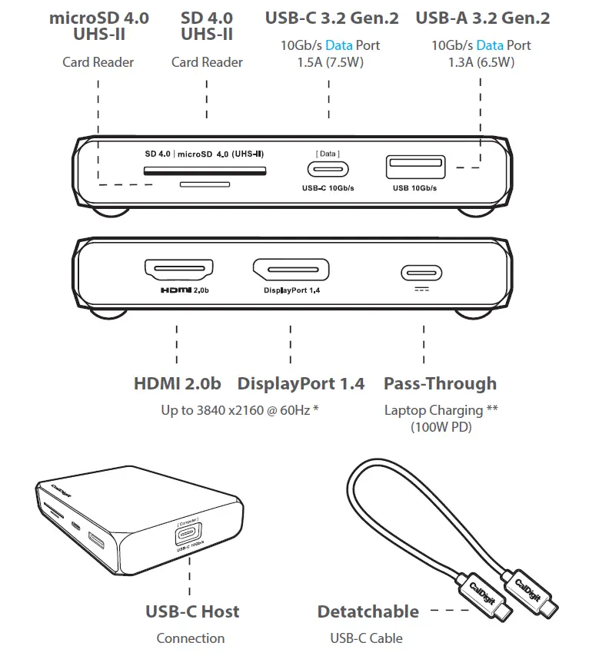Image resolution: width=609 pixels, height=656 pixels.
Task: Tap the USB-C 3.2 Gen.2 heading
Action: click(x=331, y=18)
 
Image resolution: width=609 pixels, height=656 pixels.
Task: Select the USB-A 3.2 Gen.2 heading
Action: click(x=482, y=18)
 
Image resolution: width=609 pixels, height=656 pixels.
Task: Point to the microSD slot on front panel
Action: click(x=205, y=184)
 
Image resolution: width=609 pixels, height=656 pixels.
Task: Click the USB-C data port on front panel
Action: click(x=328, y=170)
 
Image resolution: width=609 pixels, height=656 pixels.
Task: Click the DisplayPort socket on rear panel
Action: click(x=291, y=270)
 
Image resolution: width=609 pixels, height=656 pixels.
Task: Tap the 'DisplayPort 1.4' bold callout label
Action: click(x=301, y=383)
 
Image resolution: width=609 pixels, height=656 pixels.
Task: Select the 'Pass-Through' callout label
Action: click(x=440, y=383)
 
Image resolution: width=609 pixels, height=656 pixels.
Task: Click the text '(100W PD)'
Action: click(x=441, y=426)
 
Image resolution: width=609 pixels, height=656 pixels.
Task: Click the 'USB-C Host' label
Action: click(x=192, y=611)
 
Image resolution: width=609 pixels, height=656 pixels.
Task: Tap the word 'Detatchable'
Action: click(x=368, y=611)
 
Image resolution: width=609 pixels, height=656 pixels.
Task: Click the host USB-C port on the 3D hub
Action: click(x=188, y=535)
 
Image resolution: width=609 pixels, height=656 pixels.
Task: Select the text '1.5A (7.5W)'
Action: click(x=329, y=62)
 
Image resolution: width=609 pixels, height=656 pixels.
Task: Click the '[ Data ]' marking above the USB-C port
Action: click(x=328, y=154)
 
